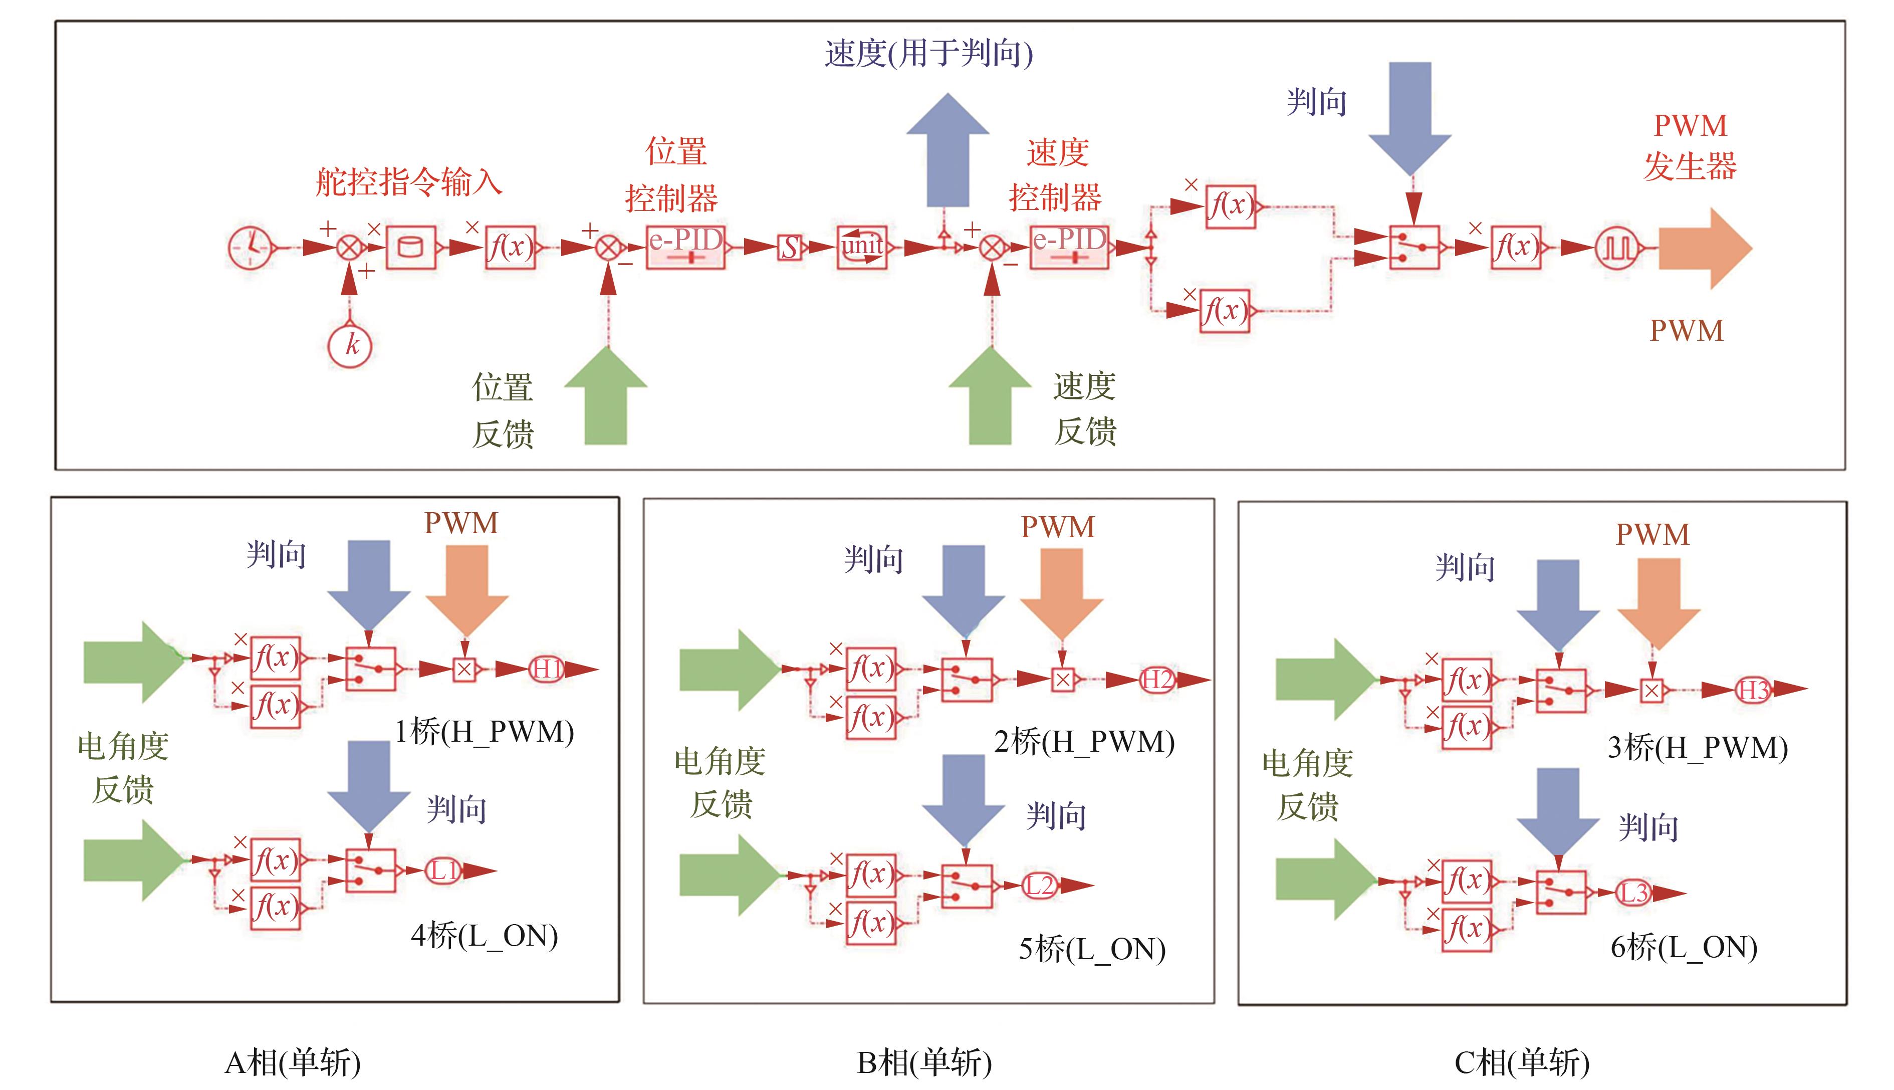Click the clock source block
[x=250, y=246]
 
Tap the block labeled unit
[x=862, y=246]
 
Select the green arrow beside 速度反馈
[x=990, y=397]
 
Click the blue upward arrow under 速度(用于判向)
[x=948, y=150]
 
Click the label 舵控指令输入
[x=408, y=182]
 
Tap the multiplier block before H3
[x=1651, y=690]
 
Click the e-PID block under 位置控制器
[x=685, y=246]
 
